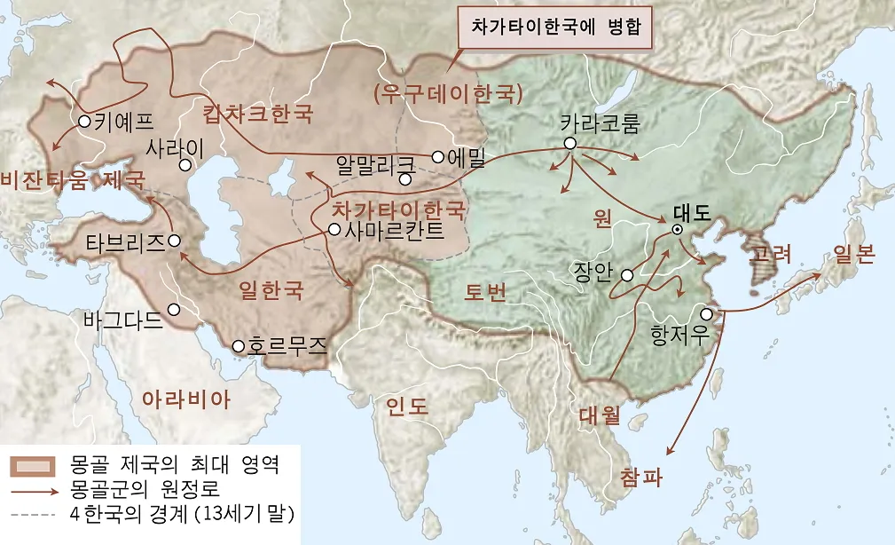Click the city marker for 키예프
tap(84, 122)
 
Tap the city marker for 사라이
tap(185, 164)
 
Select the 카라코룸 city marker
tap(570, 143)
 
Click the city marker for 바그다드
tap(174, 310)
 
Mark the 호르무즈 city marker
tap(238, 345)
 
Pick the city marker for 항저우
tap(706, 313)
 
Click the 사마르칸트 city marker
tap(334, 229)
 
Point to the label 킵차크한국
tap(258, 114)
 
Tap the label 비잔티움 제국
tap(73, 180)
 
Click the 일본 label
tap(854, 256)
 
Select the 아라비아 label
tap(186, 399)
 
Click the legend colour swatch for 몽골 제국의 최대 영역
tap(36, 466)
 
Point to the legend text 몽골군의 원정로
tap(143, 489)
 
